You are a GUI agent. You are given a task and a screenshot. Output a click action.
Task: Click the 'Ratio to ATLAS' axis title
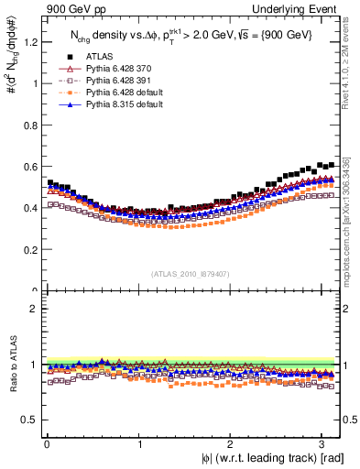coord(12,366)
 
